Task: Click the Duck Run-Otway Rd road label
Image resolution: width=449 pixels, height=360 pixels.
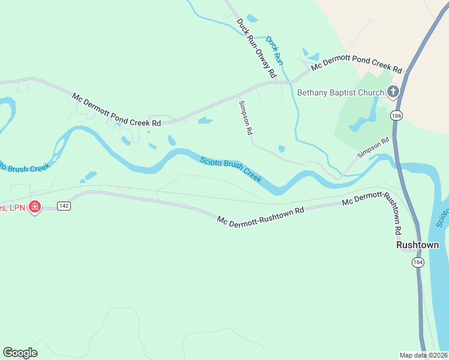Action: [256, 49]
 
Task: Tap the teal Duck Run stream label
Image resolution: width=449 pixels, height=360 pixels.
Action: [274, 50]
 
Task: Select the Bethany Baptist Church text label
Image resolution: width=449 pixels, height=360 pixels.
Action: [340, 92]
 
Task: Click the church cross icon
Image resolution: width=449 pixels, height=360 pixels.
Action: [393, 92]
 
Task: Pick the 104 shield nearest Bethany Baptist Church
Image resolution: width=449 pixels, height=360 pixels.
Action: [396, 115]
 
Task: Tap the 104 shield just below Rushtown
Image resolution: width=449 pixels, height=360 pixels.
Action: [418, 262]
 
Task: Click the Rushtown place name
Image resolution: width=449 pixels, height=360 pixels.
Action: [417, 245]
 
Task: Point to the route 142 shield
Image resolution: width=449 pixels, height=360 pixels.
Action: [64, 206]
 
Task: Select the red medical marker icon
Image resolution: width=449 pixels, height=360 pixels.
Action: [35, 207]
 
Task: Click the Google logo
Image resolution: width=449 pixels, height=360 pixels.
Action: [20, 353]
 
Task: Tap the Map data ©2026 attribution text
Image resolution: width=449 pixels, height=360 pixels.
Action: [424, 355]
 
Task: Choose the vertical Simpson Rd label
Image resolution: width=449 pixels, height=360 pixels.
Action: [244, 118]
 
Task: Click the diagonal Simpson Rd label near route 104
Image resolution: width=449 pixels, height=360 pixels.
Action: [373, 148]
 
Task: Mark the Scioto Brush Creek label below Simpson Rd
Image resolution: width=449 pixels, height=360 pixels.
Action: [231, 169]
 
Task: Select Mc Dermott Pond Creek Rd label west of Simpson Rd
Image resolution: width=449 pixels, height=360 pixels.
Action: [117, 109]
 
